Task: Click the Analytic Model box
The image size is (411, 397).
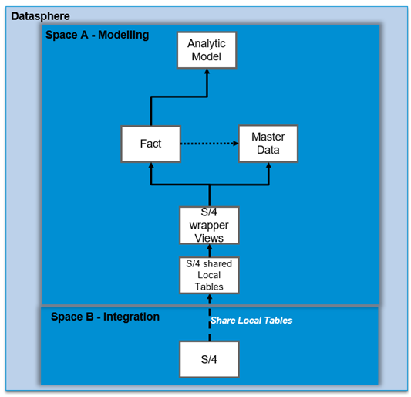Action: pyautogui.click(x=207, y=50)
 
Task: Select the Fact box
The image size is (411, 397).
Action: pyautogui.click(x=150, y=144)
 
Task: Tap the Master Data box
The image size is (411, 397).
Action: pyautogui.click(x=268, y=144)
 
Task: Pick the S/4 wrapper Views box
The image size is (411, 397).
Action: pyautogui.click(x=209, y=226)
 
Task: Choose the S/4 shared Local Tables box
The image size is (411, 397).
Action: pyautogui.click(x=209, y=275)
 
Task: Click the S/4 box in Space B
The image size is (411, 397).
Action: pyautogui.click(x=209, y=359)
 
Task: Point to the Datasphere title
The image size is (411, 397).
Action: pyautogui.click(x=40, y=16)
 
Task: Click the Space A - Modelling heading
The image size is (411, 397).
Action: pyautogui.click(x=97, y=35)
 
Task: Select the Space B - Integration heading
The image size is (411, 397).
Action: pyautogui.click(x=105, y=317)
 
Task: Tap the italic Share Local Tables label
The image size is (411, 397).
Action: pyautogui.click(x=251, y=321)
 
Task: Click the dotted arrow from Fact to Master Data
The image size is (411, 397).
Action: pyautogui.click(x=210, y=144)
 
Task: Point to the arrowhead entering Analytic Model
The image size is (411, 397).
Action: pyautogui.click(x=207, y=71)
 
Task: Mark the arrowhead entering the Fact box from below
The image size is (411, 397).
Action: pyautogui.click(x=151, y=165)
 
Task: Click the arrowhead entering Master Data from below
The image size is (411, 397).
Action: pyautogui.click(x=268, y=165)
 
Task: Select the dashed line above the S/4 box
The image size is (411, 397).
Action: pyautogui.click(x=210, y=322)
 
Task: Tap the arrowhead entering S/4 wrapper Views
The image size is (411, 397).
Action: pyautogui.click(x=210, y=247)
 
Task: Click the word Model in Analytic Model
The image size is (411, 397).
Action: pyautogui.click(x=207, y=56)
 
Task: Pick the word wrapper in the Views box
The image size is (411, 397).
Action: pyautogui.click(x=209, y=226)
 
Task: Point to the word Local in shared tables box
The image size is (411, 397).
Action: pyautogui.click(x=209, y=275)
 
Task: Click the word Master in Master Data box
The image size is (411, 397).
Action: pyautogui.click(x=268, y=137)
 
